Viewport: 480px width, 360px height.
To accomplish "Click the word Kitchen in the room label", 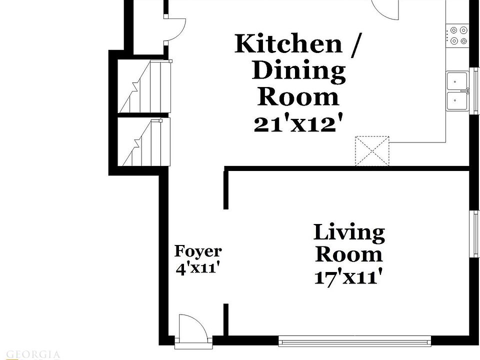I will [288, 44].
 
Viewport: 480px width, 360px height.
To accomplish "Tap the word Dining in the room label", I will [298, 71].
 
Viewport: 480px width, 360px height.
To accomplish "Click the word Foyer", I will [198, 251].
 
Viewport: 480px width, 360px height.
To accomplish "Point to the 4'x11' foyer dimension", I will [198, 268].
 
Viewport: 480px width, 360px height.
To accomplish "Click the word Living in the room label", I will [349, 233].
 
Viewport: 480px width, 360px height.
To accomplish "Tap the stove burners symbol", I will [458, 35].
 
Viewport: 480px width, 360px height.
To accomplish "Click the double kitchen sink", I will [457, 90].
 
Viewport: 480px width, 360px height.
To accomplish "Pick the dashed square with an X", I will [372, 150].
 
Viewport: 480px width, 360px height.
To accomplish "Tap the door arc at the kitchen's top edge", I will [385, 9].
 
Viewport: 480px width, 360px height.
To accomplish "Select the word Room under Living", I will [349, 254].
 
